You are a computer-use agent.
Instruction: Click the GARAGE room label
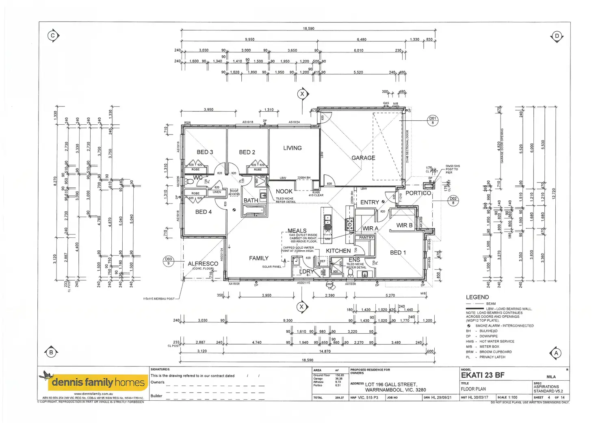click(363, 158)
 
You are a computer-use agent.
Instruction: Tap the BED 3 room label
click(205, 152)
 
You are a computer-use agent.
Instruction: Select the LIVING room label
click(292, 148)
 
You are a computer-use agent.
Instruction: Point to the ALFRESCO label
click(203, 264)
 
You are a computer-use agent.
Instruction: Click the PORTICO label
click(418, 193)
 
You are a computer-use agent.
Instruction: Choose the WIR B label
click(404, 225)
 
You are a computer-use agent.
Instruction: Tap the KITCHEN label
click(338, 251)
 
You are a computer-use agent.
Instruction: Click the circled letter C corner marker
click(52, 36)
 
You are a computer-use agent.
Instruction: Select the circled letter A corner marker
click(556, 353)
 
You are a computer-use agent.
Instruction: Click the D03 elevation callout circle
click(168, 261)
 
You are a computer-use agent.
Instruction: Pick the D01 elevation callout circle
click(433, 120)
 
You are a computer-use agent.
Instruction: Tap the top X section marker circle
click(302, 94)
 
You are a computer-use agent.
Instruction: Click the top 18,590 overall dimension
click(308, 28)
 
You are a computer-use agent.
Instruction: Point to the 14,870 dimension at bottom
click(325, 351)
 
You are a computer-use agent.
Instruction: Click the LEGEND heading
click(477, 297)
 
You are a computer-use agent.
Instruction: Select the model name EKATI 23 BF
click(483, 375)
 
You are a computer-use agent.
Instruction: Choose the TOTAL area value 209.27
click(339, 398)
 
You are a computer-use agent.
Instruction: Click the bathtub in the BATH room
click(253, 210)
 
